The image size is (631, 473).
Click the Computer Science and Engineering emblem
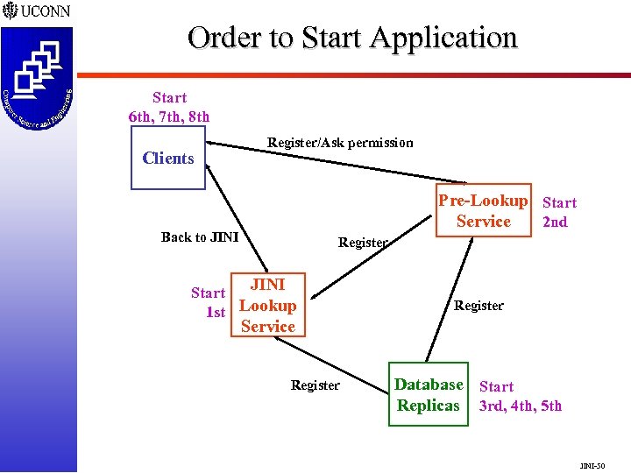pos(37,78)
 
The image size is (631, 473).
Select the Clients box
pos(168,158)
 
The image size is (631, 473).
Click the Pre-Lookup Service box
pos(484,211)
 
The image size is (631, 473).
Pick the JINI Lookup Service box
pos(267,306)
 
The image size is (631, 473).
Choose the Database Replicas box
pos(428,395)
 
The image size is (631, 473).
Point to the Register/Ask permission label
pos(340,143)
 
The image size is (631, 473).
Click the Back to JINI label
pos(200,237)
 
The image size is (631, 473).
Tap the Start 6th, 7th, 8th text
pos(169,107)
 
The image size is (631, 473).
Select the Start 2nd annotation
pos(557,212)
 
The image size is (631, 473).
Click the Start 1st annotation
pos(209,302)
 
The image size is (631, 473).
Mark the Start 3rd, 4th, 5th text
pos(520,396)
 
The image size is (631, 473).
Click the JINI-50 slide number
pos(592,465)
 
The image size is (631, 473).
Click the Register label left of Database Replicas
pos(315,385)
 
